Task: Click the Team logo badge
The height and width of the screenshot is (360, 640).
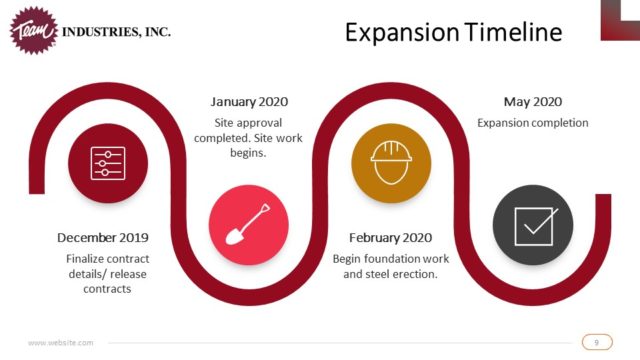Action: click(34, 31)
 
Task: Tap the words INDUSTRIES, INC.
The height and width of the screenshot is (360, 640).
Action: click(116, 32)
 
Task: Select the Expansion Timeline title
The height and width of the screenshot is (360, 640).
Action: click(453, 32)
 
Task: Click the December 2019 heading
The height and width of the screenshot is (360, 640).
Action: click(103, 238)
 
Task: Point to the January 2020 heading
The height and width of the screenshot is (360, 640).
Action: click(249, 102)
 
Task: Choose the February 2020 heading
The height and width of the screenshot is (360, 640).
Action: click(391, 238)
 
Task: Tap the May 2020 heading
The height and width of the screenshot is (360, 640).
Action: click(533, 102)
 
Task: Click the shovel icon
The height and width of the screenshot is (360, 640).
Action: click(248, 224)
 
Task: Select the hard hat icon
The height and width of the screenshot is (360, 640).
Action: click(391, 162)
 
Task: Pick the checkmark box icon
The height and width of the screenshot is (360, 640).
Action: click(535, 227)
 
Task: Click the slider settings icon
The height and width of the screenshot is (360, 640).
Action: click(108, 163)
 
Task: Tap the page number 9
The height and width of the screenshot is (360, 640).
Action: click(597, 342)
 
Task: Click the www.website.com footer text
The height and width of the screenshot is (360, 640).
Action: click(60, 342)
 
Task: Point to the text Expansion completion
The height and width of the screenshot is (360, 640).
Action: click(533, 123)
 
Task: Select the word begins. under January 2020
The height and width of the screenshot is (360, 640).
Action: click(248, 153)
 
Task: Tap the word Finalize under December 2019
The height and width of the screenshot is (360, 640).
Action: click(85, 259)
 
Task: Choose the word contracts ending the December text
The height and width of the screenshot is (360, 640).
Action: click(107, 289)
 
